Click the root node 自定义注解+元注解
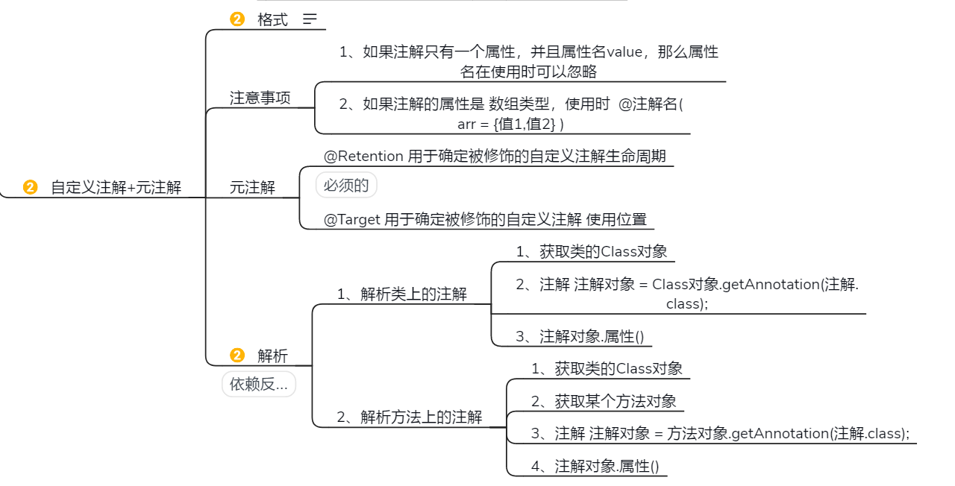116,187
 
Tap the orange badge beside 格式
237,20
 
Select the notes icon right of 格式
310,20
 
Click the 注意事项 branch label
260,98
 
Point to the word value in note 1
624,52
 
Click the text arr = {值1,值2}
510,124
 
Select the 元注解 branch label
252,187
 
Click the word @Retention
364,157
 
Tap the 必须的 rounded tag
346,185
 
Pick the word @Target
352,220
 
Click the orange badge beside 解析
237,356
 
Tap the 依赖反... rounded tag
259,385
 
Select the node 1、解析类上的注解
401,294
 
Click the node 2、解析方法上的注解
409,417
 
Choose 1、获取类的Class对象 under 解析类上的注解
591,251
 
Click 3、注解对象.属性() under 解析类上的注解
579,336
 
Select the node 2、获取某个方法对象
604,401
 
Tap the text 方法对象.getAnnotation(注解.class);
788,434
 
